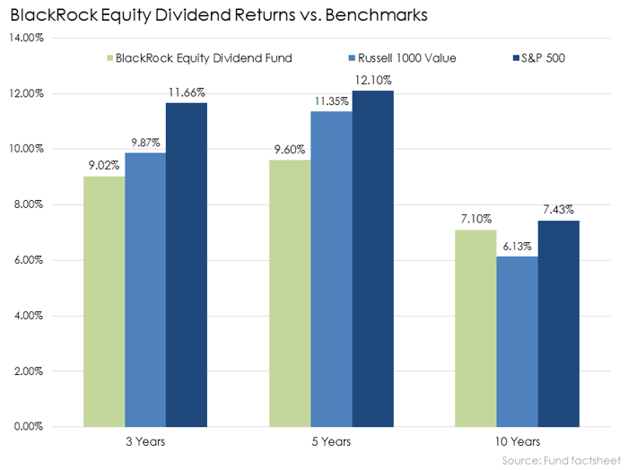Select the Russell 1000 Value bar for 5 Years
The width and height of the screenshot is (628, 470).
pos(332,269)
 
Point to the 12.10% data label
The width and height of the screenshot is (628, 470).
pos(373,81)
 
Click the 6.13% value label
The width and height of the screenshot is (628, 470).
pos(517,247)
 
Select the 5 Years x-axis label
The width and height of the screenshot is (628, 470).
pos(332,441)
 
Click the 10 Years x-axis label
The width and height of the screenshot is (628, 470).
pos(517,441)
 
